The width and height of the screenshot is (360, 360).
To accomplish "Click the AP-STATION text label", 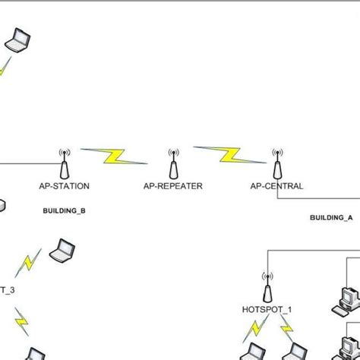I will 64,186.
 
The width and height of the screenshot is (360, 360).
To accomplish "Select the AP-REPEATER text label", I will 173,186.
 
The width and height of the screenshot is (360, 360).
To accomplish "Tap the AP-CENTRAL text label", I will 276,186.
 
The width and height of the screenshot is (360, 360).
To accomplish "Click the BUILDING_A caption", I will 330,217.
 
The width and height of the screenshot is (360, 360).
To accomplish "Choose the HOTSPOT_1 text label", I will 267,310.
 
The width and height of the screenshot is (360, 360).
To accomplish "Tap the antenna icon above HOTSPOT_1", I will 267,287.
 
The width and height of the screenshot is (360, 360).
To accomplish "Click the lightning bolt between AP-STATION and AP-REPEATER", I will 114,156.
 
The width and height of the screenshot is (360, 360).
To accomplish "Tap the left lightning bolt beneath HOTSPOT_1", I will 253,331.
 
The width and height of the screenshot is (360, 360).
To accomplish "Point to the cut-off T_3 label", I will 7,289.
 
